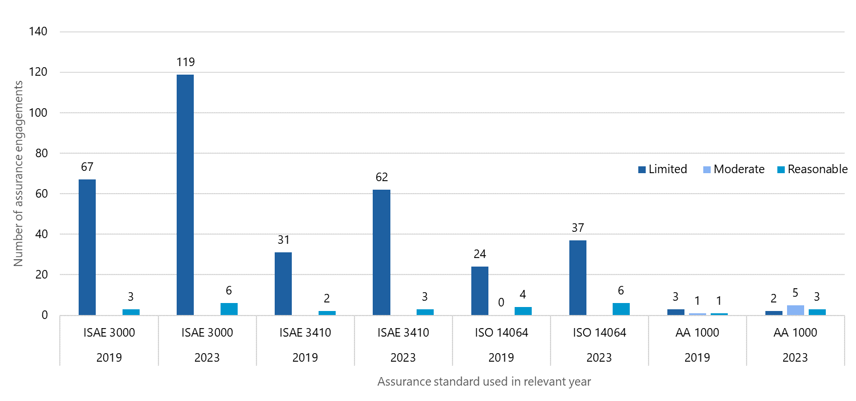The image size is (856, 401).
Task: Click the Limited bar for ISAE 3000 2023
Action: (x=185, y=195)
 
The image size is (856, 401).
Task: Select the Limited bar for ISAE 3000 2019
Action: (x=87, y=247)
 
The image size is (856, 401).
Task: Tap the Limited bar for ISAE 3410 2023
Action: (x=381, y=252)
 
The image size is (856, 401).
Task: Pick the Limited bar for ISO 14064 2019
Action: (x=480, y=290)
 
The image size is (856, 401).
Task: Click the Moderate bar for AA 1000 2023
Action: (x=795, y=310)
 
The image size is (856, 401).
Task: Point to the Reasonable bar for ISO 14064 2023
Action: (x=621, y=309)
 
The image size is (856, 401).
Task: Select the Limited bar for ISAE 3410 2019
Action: (x=283, y=284)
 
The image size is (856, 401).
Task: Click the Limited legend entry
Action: (x=662, y=169)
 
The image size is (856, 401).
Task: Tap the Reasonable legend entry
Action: (x=812, y=169)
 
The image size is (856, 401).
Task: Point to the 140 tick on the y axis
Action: (x=38, y=32)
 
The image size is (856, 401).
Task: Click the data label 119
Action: (x=186, y=62)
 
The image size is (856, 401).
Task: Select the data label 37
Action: (x=578, y=228)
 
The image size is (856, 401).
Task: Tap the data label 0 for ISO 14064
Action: (x=501, y=302)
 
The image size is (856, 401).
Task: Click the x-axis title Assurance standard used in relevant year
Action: (x=484, y=382)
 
